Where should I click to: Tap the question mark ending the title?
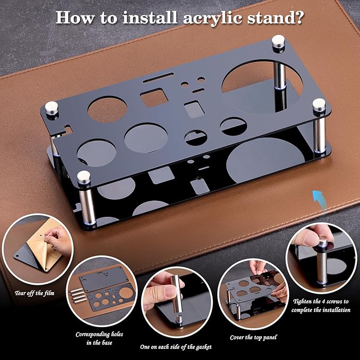pyautogui.click(x=298, y=17)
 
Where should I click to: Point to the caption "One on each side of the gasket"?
pyautogui.click(x=175, y=346)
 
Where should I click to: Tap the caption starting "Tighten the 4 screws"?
pyautogui.click(x=321, y=305)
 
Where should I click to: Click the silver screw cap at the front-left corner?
pyautogui.click(x=84, y=177)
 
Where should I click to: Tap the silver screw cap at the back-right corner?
pyautogui.click(x=278, y=40)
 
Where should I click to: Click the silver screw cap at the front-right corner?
pyautogui.click(x=319, y=105)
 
